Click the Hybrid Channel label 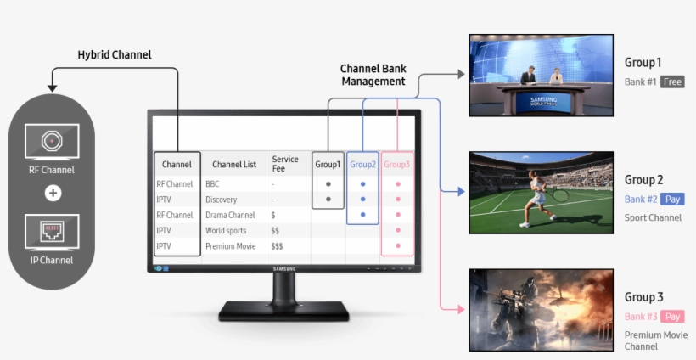pyautogui.click(x=114, y=54)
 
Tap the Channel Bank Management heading pyautogui.click(x=373, y=75)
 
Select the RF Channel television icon pyautogui.click(x=52, y=141)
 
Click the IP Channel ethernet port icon pyautogui.click(x=52, y=230)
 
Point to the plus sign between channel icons pyautogui.click(x=53, y=193)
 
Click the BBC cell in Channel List pyautogui.click(x=212, y=183)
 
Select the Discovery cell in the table pyautogui.click(x=221, y=200)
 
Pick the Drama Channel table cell pyautogui.click(x=230, y=216)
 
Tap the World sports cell pyautogui.click(x=226, y=231)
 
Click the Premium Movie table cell pyautogui.click(x=231, y=246)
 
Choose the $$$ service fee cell pyautogui.click(x=277, y=246)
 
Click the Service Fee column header pyautogui.click(x=285, y=164)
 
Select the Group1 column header pyautogui.click(x=328, y=165)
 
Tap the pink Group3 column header pyautogui.click(x=396, y=165)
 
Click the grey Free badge pyautogui.click(x=673, y=82)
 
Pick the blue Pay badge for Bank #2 pyautogui.click(x=672, y=200)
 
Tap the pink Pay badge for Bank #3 pyautogui.click(x=673, y=317)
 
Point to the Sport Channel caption pyautogui.click(x=653, y=218)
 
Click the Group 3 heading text pyautogui.click(x=644, y=297)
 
